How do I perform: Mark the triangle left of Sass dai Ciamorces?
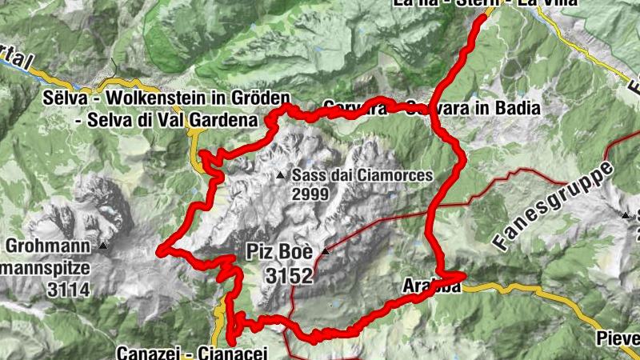[280, 175]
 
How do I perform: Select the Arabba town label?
[432, 288]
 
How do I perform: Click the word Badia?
[519, 107]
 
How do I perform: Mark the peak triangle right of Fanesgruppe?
[625, 214]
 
